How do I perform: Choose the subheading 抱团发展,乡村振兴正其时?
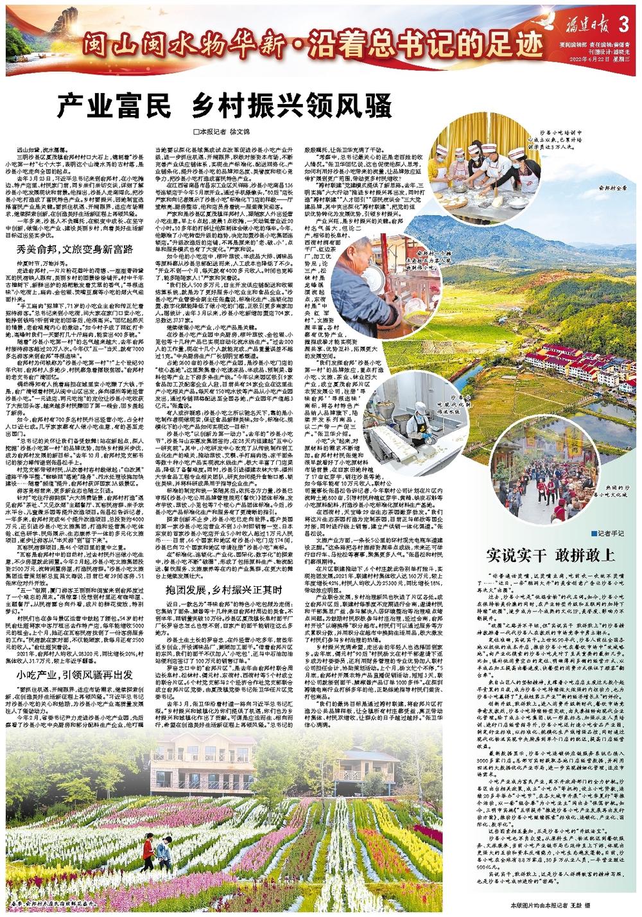click(x=223, y=589)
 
